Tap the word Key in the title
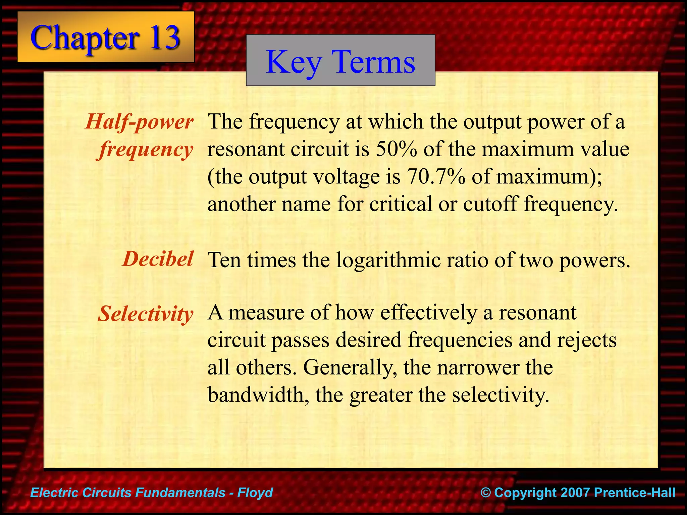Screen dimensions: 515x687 (x=294, y=62)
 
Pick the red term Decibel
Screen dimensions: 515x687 (x=158, y=259)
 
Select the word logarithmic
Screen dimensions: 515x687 (x=388, y=260)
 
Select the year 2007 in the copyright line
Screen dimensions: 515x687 (x=575, y=493)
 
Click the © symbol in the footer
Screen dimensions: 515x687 (x=485, y=493)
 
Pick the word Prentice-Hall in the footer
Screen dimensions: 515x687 (x=634, y=493)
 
